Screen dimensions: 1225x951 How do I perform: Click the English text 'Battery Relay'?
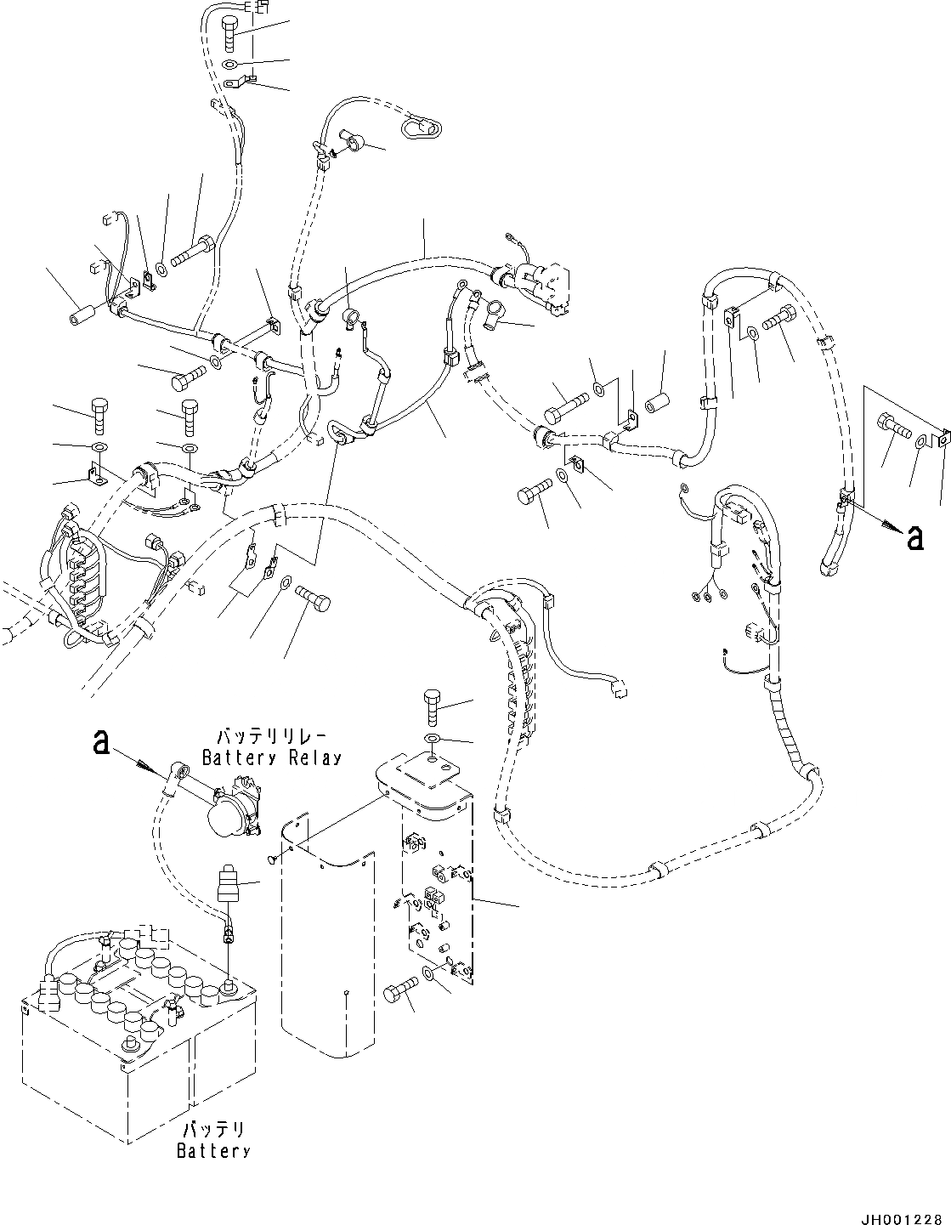(271, 757)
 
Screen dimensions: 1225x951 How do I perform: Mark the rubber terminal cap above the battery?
(228, 884)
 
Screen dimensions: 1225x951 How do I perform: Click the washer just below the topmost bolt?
(231, 65)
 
